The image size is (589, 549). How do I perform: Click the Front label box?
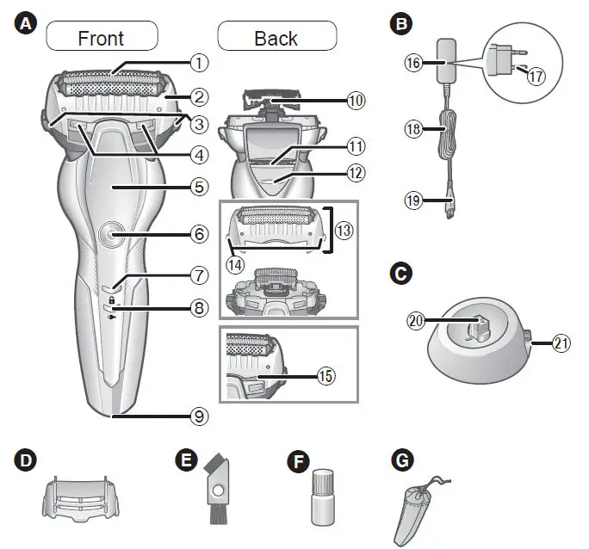click(101, 38)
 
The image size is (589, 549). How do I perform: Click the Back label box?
click(276, 38)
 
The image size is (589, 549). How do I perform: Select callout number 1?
click(199, 62)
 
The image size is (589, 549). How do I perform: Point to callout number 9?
click(199, 416)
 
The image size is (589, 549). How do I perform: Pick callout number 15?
click(325, 376)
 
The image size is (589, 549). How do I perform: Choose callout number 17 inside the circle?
click(536, 77)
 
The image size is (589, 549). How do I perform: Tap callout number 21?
click(561, 342)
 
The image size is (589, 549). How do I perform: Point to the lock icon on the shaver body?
click(112, 299)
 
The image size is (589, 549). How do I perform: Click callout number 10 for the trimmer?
click(356, 100)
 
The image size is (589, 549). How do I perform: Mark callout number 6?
click(199, 233)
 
